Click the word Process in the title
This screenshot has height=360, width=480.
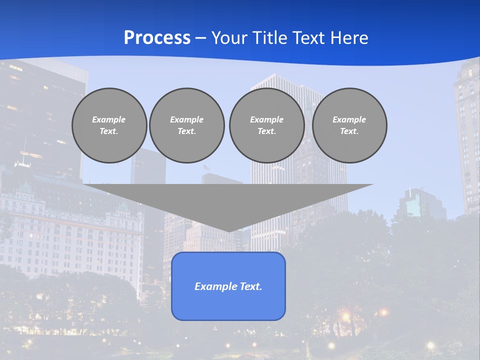point(157,38)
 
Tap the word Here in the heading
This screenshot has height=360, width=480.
point(349,38)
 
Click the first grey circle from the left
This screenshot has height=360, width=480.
point(109,125)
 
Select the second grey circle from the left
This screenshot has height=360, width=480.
point(186,125)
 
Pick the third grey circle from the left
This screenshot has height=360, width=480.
point(266,125)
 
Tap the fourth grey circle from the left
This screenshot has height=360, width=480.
point(349,125)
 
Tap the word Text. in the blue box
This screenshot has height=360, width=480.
point(251,286)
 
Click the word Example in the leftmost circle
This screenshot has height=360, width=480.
point(109,119)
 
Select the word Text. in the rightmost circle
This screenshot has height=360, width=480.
point(349,131)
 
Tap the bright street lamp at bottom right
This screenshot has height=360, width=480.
point(430,345)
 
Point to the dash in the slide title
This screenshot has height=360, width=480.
point(200,38)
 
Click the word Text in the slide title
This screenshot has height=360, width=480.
point(308,38)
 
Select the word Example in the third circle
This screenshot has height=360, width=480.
point(266,119)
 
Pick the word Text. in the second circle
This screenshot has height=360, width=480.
point(186,131)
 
